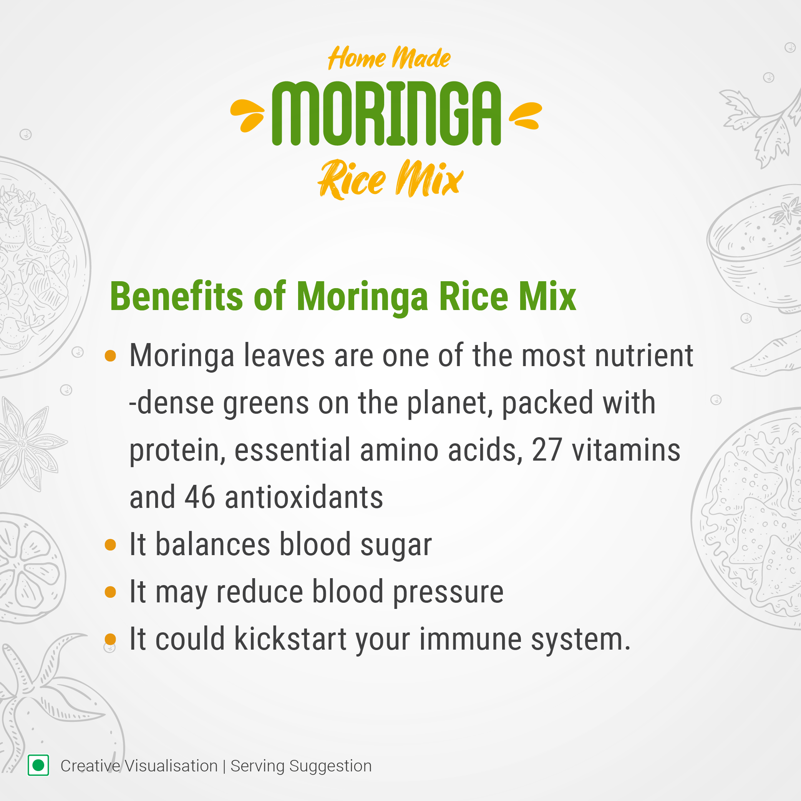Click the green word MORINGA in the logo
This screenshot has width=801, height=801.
click(x=386, y=113)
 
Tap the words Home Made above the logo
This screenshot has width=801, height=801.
click(x=389, y=58)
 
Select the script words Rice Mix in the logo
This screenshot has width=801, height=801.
click(x=390, y=179)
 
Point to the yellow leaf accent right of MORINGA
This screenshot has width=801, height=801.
click(x=525, y=115)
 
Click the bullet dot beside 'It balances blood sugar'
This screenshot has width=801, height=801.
click(x=110, y=544)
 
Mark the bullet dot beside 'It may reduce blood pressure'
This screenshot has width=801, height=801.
click(x=110, y=592)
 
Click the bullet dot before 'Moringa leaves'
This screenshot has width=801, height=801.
click(x=110, y=356)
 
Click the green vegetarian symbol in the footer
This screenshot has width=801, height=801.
click(x=38, y=765)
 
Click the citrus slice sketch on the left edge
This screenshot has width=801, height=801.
click(x=29, y=568)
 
